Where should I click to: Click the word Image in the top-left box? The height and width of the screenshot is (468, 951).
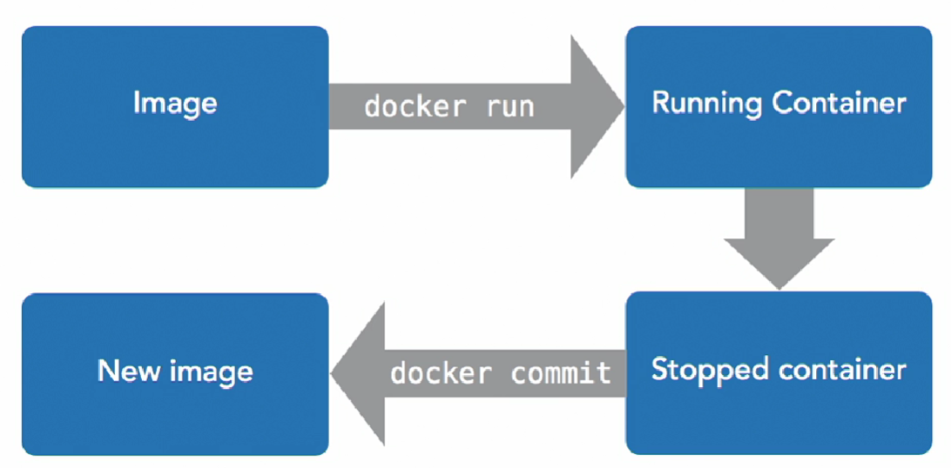[x=175, y=104]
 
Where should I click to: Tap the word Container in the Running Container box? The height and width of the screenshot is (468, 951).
[x=839, y=104]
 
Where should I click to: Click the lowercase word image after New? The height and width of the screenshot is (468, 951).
[x=207, y=372]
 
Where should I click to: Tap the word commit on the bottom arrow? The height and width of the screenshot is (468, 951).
[x=561, y=373]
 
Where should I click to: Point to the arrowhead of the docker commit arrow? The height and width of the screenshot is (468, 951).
[x=348, y=373]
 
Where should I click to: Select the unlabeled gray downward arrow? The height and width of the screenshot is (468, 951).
[x=779, y=239]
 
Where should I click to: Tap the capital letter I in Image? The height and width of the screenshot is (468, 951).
[x=137, y=104]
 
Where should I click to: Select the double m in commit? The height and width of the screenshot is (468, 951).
[x=560, y=373]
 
